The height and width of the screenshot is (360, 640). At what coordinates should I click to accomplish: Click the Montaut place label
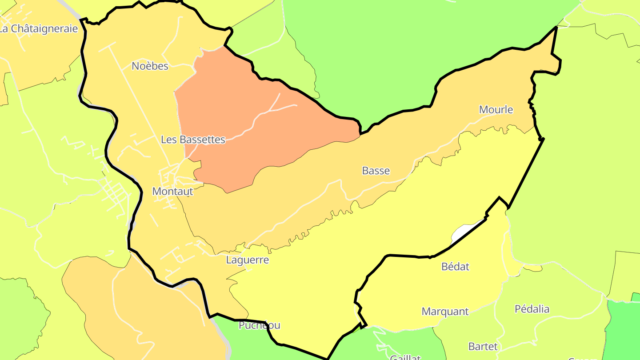click(172, 192)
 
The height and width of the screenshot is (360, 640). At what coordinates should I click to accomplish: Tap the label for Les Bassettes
click(193, 140)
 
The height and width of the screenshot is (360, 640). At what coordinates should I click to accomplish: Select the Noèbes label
click(150, 66)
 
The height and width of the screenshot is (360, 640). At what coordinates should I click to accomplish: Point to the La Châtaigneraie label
click(39, 29)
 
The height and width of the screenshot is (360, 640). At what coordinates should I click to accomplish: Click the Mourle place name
click(496, 110)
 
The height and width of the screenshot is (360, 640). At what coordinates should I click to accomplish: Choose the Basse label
click(376, 171)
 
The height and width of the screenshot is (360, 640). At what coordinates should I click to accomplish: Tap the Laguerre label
click(247, 260)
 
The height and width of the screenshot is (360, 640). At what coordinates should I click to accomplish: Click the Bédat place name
click(455, 267)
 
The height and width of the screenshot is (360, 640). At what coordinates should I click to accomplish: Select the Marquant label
click(445, 312)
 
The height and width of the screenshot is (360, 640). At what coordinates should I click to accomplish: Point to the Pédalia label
click(532, 309)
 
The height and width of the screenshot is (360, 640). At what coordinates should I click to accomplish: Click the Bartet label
click(483, 346)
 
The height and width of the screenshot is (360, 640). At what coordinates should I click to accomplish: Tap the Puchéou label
click(259, 325)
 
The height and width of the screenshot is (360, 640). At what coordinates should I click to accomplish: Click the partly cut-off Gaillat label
click(405, 357)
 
